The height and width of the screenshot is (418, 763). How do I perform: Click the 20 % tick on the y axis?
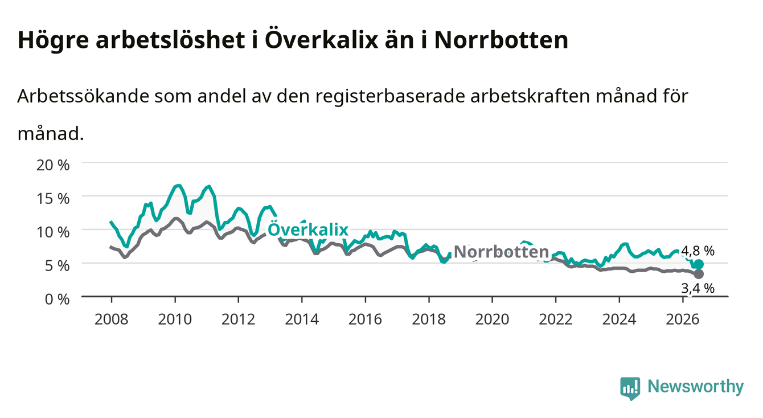53,165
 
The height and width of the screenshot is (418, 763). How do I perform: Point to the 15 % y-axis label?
53,198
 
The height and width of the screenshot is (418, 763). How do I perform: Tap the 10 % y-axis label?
53,232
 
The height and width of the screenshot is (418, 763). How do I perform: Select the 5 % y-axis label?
57,265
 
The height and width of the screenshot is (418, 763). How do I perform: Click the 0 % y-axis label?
57,299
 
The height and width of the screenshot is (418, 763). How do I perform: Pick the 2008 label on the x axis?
112,319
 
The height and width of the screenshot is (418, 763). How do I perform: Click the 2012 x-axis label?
239,319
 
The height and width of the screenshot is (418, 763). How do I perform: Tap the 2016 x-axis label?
365,319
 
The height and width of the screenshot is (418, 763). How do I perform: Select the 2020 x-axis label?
492,319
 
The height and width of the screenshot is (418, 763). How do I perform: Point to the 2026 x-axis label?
683,319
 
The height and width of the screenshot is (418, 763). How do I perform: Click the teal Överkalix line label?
308,229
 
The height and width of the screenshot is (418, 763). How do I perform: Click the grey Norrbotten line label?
502,252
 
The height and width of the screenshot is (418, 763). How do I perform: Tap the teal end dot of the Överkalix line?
699,264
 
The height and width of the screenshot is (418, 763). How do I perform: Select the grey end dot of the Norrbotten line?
699,274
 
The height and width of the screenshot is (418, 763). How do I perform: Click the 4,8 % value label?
698,251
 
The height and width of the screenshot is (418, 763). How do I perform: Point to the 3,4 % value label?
698,289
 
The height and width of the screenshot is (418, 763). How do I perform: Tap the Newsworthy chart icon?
630,388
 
